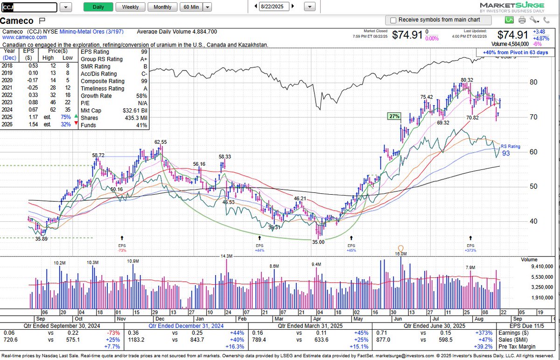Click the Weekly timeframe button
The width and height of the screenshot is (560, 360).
[x=130, y=7]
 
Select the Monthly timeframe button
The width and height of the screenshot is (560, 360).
[x=162, y=7]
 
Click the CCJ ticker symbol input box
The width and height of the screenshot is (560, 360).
[x=29, y=7]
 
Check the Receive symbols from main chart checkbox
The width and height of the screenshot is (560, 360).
[x=393, y=20]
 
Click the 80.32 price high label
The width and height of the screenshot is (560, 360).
[x=467, y=80]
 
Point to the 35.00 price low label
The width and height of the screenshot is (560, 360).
[x=318, y=242]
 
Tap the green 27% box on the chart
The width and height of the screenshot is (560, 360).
[x=394, y=116]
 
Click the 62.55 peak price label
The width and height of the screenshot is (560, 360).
[x=161, y=142]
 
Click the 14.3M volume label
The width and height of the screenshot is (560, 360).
[x=226, y=256]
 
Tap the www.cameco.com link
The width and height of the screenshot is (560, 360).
[x=25, y=37]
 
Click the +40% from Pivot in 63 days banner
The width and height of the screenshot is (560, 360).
[x=516, y=52]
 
